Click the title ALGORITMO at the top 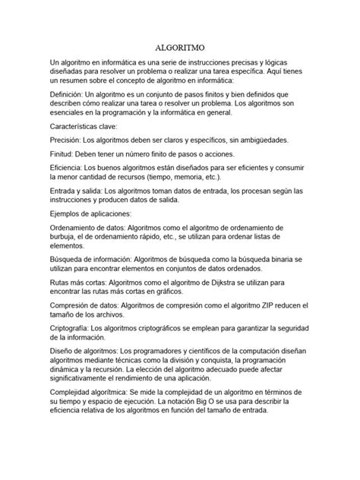click(179, 46)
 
